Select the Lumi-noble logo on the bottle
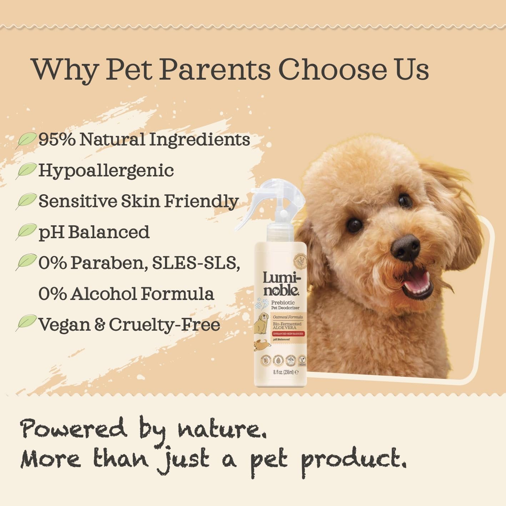coord(281,284)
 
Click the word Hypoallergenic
coord(106,170)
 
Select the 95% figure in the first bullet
coord(57,139)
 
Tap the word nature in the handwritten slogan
coord(222,429)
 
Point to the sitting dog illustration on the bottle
coord(261,322)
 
